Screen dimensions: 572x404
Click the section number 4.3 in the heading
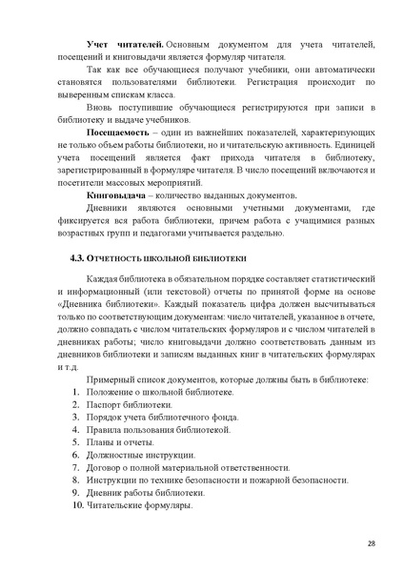point(81,257)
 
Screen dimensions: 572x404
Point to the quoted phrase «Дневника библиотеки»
point(107,303)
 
